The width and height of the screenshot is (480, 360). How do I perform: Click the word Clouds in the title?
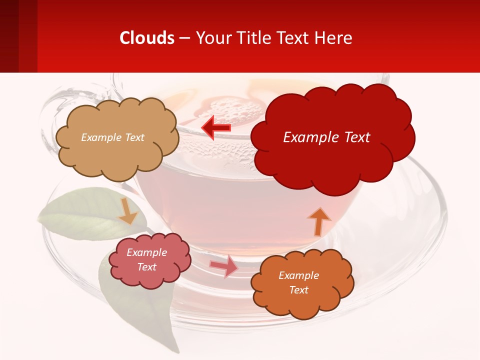147,38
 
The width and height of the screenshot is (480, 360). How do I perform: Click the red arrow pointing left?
216,127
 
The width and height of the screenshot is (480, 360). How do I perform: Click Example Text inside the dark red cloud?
326,137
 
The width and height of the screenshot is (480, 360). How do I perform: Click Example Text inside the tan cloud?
112,137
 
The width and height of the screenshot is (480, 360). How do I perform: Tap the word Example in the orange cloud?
298,275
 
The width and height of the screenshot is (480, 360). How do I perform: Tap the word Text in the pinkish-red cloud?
147,267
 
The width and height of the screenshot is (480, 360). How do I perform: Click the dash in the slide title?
184,38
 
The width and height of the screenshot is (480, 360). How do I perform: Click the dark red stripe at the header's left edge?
9,36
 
